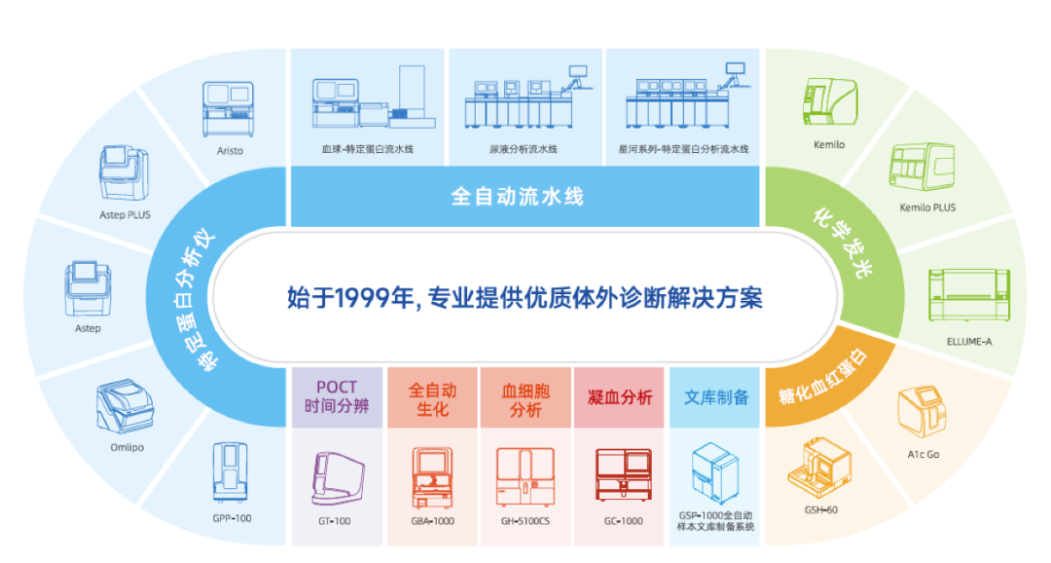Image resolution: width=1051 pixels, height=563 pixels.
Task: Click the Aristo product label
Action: [x=230, y=150]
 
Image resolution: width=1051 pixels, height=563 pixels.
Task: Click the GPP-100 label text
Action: [x=231, y=517]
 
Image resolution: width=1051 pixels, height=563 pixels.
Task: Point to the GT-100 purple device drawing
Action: [x=335, y=477]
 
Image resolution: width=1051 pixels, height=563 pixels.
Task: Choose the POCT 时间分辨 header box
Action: [x=335, y=397]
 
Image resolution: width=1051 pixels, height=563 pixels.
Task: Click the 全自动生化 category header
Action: [x=432, y=397]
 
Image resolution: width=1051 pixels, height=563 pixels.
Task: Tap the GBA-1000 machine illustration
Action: [x=432, y=477]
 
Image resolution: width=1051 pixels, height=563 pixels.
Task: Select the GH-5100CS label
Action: [x=525, y=520]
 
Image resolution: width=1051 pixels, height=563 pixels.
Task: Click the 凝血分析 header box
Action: [x=620, y=397]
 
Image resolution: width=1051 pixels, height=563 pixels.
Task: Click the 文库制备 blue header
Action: [x=716, y=397]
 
